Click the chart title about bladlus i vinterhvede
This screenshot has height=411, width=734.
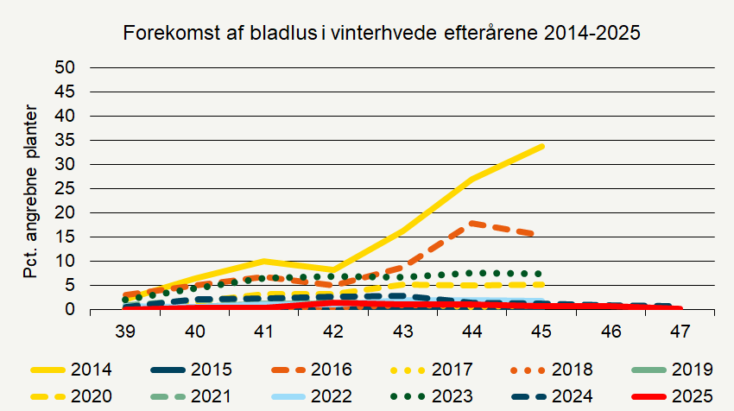(382, 34)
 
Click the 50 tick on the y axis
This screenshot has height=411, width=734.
(66, 67)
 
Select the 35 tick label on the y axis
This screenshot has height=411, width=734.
(66, 140)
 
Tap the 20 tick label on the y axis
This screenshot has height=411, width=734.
(66, 212)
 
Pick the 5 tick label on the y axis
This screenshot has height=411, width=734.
(70, 285)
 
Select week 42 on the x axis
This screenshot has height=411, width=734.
(333, 331)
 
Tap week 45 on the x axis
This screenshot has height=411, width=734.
(541, 331)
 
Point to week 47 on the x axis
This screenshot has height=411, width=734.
(680, 331)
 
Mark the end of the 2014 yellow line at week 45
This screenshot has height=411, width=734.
(541, 147)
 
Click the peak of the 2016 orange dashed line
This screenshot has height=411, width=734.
(471, 223)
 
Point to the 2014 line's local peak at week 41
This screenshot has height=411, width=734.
(263, 261)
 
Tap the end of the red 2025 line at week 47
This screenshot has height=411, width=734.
(679, 308)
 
